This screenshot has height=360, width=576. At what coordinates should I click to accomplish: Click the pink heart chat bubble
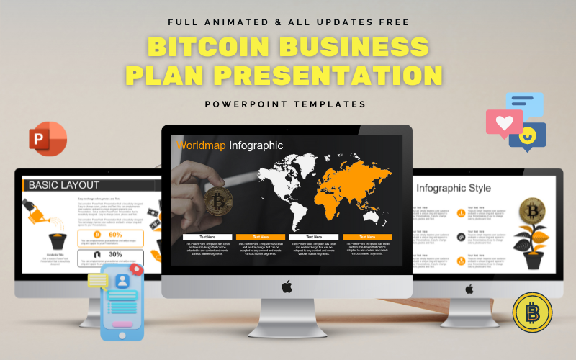point(503,123)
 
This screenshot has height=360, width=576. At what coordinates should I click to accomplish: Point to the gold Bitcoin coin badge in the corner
point(532,312)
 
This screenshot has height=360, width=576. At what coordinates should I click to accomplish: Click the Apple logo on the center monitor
point(287,287)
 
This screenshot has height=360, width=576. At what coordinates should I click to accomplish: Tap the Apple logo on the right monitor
point(469,288)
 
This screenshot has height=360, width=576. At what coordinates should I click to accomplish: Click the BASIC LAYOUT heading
point(64,185)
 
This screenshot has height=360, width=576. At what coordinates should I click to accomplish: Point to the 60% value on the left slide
point(114,235)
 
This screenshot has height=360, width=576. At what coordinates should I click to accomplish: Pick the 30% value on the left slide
point(114,254)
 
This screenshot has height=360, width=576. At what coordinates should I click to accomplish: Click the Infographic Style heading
point(454,189)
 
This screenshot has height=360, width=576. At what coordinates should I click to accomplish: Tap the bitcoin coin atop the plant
point(533,210)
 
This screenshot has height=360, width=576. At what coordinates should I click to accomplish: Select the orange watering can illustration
point(37,210)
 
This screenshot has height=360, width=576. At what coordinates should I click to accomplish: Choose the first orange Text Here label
point(261,236)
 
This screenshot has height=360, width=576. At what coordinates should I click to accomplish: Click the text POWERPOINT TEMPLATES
point(286,104)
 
